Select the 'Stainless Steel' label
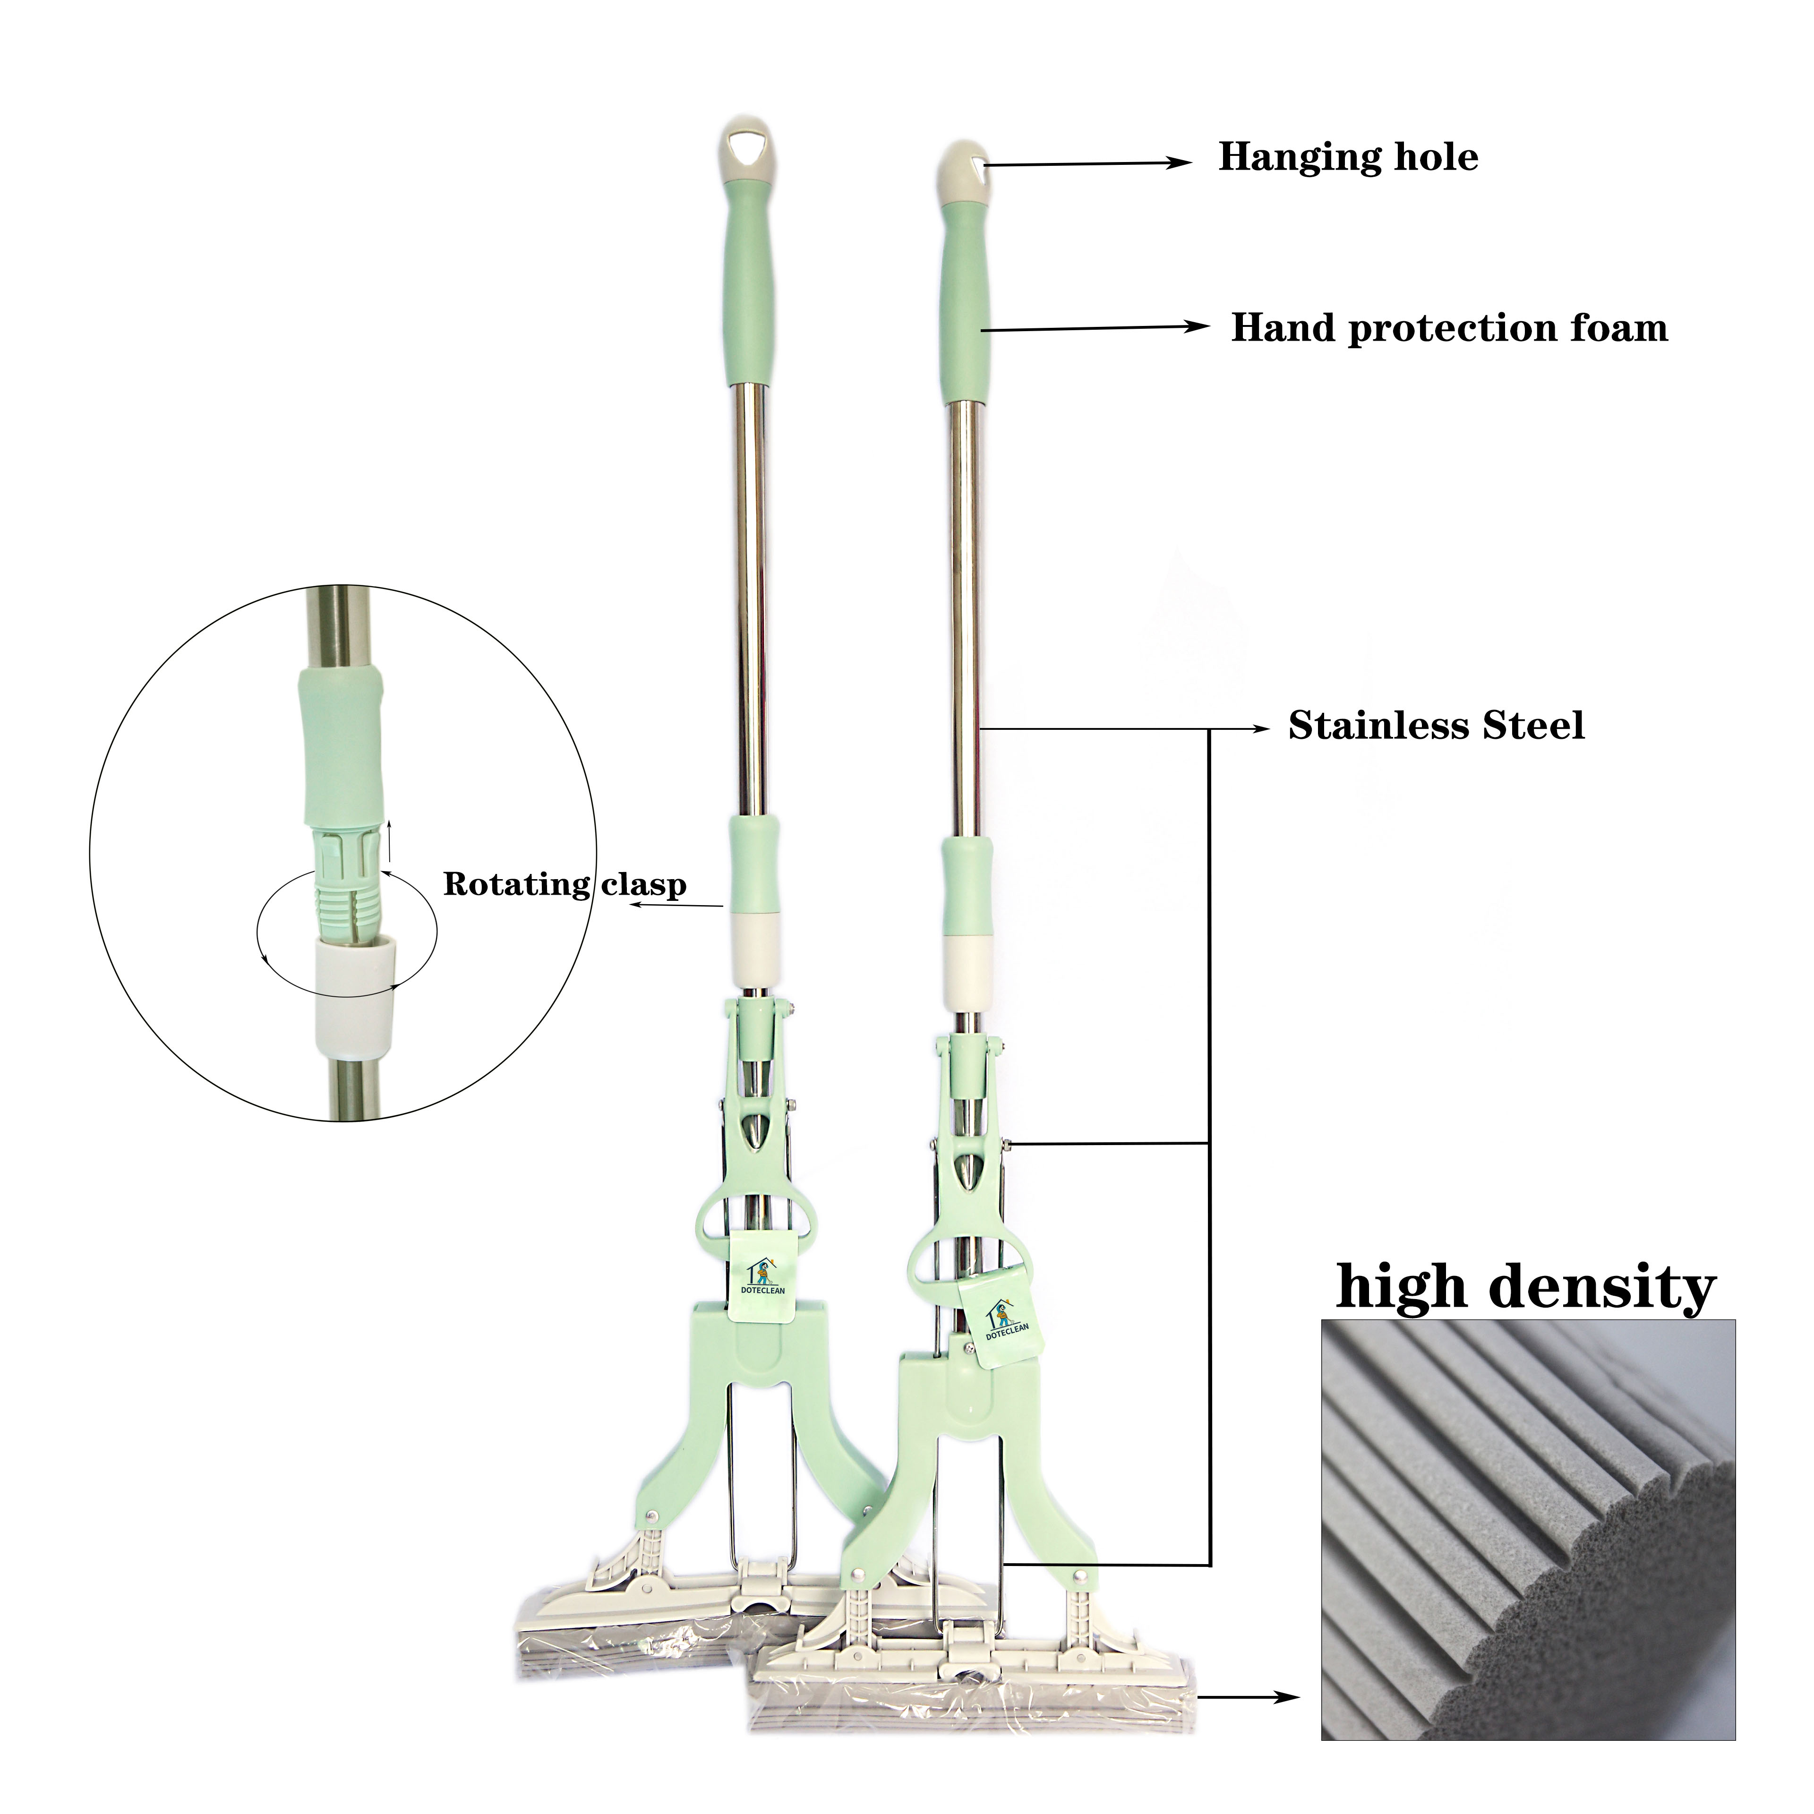(x=1436, y=726)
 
